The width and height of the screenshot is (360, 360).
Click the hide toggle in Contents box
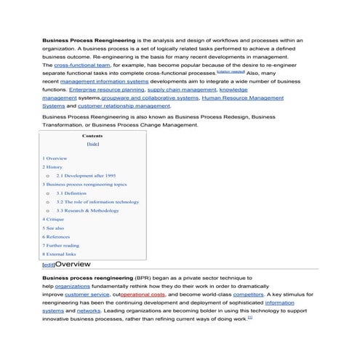coord(92,144)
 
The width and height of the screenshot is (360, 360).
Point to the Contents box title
coord(92,136)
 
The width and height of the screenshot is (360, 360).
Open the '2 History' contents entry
coord(53,167)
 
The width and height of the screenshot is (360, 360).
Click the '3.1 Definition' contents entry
coord(71,193)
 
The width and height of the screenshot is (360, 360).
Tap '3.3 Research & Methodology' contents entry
coord(87,210)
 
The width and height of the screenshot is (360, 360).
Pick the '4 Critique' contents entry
coord(54,219)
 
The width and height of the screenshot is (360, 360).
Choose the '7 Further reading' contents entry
coord(60,245)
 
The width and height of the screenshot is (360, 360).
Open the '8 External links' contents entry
coord(59,254)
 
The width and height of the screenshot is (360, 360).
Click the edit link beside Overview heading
coord(48,265)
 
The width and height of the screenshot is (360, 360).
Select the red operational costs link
coord(143,295)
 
